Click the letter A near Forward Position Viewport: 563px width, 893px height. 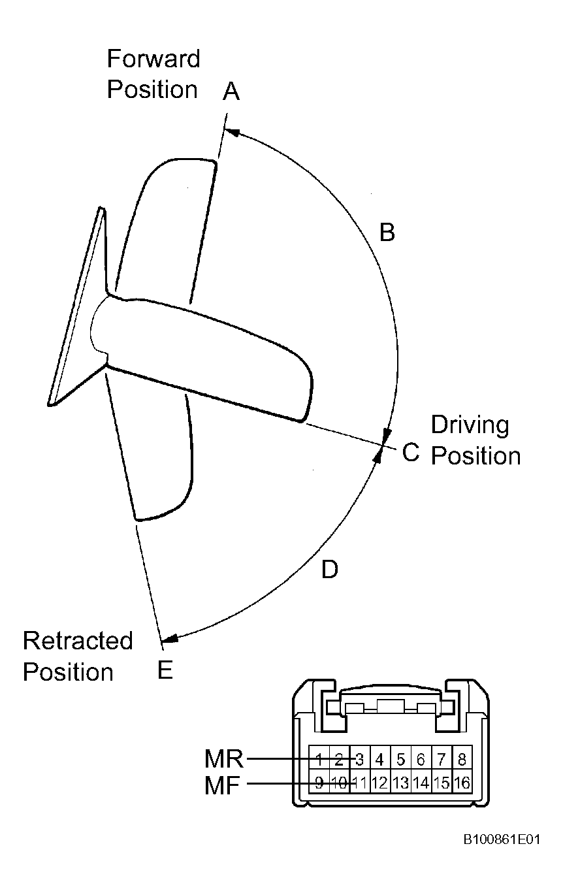coord(231,91)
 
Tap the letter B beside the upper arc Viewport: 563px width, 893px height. coord(387,232)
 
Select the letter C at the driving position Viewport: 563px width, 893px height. coord(410,451)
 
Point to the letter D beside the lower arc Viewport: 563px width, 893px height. coord(330,569)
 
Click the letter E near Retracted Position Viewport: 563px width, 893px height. coord(165,670)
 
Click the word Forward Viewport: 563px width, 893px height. coord(153,59)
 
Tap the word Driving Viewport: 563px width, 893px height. coord(470,426)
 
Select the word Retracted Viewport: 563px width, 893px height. coord(78,640)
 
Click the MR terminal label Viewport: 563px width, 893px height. coord(223,758)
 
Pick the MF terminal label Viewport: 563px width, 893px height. coord(222,785)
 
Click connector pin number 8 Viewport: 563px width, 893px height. coord(462,760)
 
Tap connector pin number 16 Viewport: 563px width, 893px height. coord(462,783)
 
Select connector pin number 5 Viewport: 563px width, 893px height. coord(401,760)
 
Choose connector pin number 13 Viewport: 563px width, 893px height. coord(400,783)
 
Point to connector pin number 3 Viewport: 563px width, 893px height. coord(360,760)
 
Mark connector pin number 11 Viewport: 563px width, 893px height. coord(360,783)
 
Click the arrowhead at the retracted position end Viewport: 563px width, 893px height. coord(170,639)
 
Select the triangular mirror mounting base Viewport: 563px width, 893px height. coord(78,306)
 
